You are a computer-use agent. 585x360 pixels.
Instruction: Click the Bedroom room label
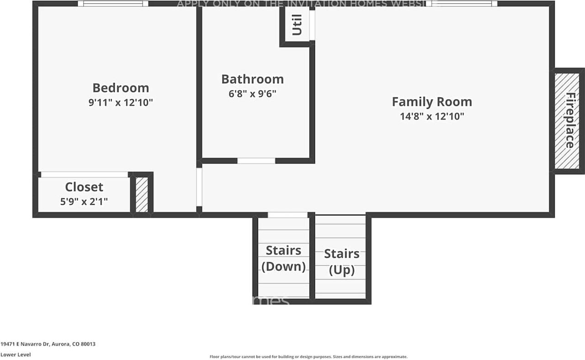coord(121,88)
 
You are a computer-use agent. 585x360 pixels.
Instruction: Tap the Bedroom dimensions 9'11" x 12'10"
coord(121,103)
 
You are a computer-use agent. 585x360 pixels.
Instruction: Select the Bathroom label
coord(252,79)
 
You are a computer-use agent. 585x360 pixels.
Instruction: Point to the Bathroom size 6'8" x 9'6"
coord(252,94)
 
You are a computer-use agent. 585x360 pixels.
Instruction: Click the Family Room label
coord(432,101)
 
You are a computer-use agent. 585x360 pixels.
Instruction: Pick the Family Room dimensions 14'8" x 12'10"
coord(432,116)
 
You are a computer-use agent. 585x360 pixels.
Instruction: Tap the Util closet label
coord(297,25)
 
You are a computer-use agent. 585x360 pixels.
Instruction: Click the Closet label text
coord(84,187)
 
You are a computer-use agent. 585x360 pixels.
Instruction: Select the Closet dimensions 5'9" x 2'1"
coord(84,201)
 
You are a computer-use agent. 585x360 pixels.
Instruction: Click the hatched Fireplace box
coord(569,121)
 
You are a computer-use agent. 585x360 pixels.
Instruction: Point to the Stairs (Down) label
coord(283,258)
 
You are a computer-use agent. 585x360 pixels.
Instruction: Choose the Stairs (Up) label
coord(342,262)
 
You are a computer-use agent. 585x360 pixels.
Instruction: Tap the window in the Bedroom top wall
coord(113,4)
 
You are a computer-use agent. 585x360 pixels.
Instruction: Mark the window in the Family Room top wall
coord(462,4)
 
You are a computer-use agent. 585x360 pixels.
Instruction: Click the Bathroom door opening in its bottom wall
coord(256,161)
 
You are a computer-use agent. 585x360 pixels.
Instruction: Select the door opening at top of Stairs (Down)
coord(287,215)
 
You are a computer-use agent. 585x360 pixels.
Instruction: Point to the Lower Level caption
coord(16,355)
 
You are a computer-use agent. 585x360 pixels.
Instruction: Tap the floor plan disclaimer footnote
coord(308,357)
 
